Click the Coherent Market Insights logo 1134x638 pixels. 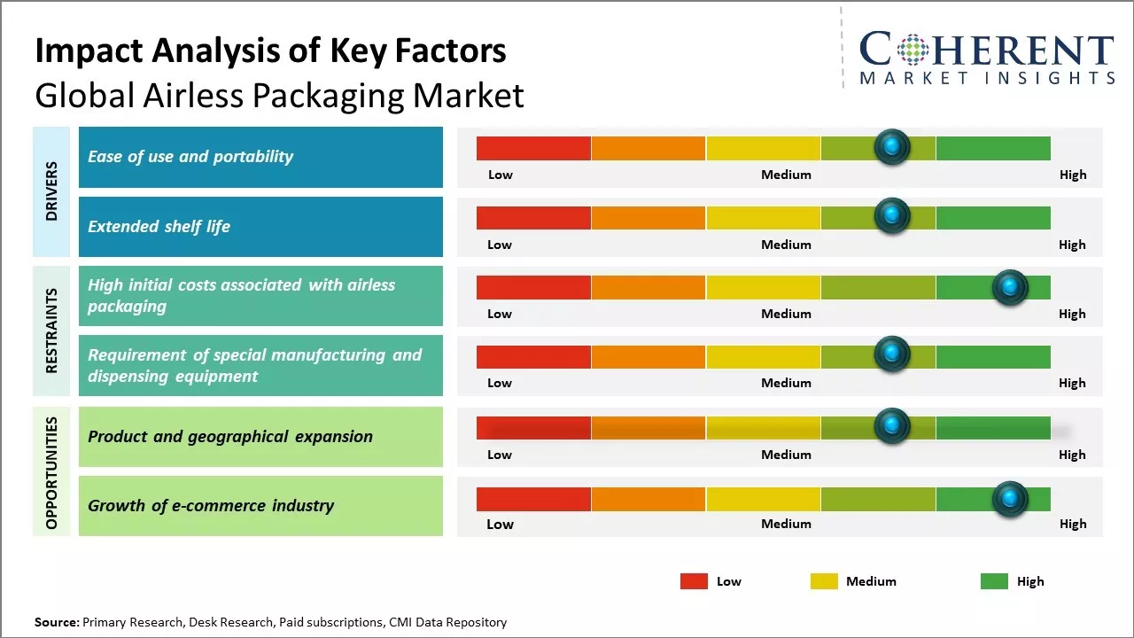[987, 57]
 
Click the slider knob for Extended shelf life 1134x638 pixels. [892, 215]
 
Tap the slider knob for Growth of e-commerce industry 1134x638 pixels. [1009, 500]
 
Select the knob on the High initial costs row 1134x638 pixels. [1009, 287]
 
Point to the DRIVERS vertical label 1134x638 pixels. [51, 191]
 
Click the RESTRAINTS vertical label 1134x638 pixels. [51, 331]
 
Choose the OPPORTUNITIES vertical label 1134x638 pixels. [51, 472]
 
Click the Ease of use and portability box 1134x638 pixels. [260, 157]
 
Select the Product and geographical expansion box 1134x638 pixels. [260, 436]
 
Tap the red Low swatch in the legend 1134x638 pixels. [694, 581]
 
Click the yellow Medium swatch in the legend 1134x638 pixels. [824, 581]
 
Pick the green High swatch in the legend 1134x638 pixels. [994, 581]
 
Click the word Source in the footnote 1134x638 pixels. [56, 623]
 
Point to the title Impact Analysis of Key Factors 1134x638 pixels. [270, 51]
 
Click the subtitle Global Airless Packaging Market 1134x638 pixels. [279, 95]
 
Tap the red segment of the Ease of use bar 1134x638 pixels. [533, 148]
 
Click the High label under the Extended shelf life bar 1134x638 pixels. [1072, 245]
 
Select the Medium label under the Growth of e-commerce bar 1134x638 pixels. [786, 524]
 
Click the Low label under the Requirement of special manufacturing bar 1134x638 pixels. [500, 383]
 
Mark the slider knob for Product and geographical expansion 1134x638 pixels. [892, 426]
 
